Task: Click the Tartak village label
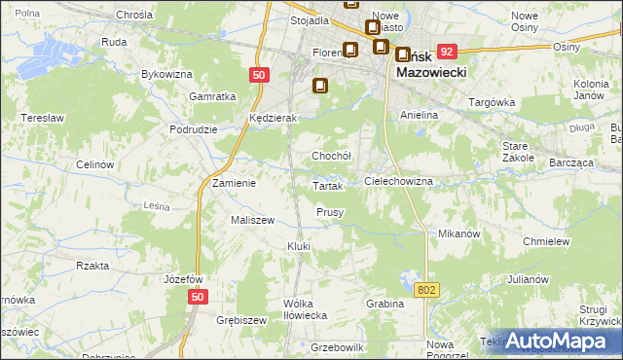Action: point(325,185)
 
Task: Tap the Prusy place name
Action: point(330,212)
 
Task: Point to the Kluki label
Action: point(298,246)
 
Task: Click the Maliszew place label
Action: point(251,220)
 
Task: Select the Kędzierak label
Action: point(272,118)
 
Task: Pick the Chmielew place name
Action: point(545,240)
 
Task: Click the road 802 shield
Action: point(426,290)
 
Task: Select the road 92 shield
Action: point(447,51)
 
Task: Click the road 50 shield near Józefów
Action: point(198,297)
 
